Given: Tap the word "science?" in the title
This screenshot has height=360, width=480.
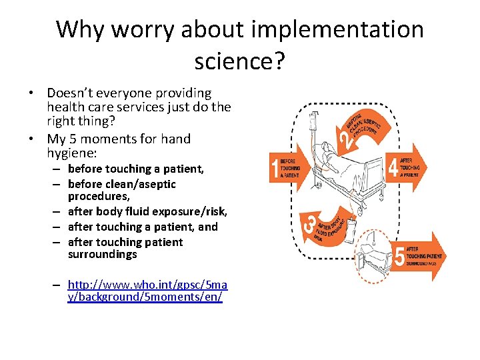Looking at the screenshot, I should [239, 61].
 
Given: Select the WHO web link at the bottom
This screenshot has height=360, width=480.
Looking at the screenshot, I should [147, 291].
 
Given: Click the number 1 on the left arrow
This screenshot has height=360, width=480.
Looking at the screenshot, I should [274, 167].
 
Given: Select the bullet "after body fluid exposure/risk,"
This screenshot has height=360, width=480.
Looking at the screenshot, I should [147, 211].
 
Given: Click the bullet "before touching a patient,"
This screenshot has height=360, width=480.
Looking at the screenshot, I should [135, 169].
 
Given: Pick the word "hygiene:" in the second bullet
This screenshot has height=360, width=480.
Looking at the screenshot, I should [73, 153].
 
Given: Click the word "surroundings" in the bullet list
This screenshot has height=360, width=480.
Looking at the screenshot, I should [102, 255].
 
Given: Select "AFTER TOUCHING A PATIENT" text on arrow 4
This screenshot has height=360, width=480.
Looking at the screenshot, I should [410, 167].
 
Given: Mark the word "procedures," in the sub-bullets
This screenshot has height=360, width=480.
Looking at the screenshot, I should [99, 197].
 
